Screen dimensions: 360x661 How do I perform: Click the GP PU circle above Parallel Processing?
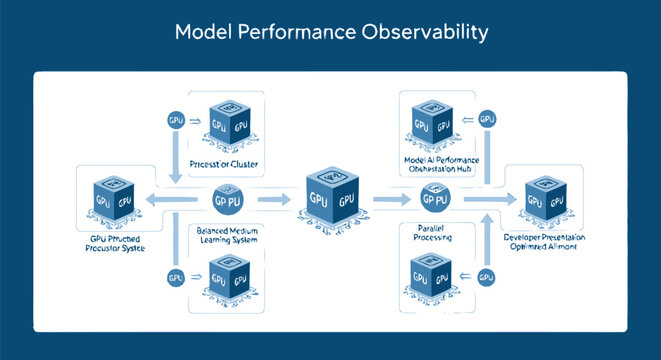click(434, 199)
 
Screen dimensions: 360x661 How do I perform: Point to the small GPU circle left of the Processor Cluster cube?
click(175, 121)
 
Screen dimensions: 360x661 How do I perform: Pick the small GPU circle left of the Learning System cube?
click(175, 277)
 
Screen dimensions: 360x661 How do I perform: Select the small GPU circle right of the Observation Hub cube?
click(488, 119)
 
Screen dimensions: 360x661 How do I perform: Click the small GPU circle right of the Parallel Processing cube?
click(488, 277)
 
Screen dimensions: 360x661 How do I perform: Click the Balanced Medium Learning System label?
click(229, 235)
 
